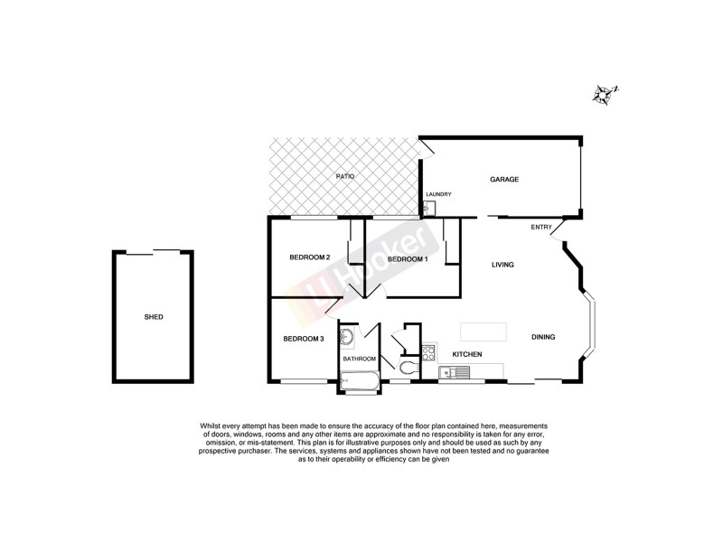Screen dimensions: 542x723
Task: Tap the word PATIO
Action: click(344, 176)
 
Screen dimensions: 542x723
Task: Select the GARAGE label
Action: click(504, 179)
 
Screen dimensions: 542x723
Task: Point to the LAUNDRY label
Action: click(438, 194)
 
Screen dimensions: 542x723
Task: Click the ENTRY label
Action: click(541, 227)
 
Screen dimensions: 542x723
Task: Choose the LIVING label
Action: click(502, 265)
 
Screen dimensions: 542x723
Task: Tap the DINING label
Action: click(543, 337)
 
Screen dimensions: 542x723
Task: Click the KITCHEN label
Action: click(466, 354)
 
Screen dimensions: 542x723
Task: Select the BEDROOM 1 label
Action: click(407, 259)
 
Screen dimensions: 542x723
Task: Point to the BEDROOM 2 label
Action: click(309, 257)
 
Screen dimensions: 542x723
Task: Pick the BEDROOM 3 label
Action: click(303, 339)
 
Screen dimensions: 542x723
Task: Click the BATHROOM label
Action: click(359, 359)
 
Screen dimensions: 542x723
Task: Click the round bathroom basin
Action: click(346, 338)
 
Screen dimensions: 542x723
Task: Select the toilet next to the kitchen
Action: click(408, 369)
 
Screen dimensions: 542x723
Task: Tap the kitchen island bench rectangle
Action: click(483, 330)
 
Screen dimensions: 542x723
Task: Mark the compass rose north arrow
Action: click(603, 93)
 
